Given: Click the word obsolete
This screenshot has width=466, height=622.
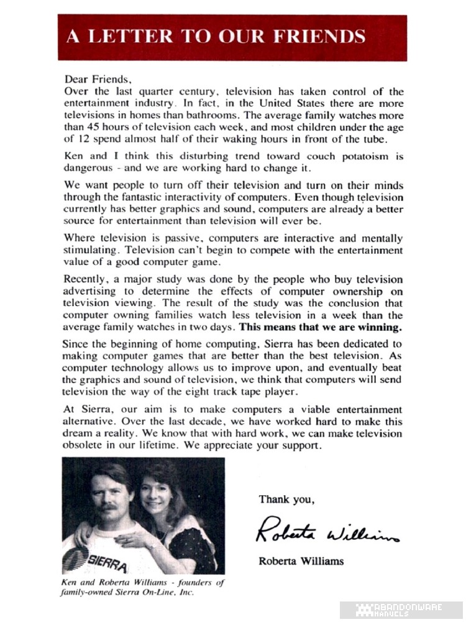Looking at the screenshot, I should [x=86, y=445].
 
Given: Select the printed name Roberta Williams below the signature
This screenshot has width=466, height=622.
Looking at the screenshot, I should [x=301, y=561].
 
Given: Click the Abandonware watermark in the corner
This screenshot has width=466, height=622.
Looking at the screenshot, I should [x=408, y=610].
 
